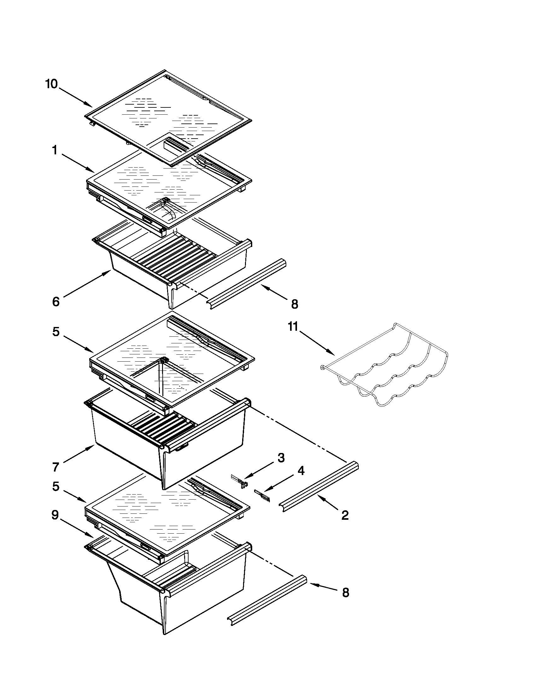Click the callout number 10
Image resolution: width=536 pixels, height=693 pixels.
51,84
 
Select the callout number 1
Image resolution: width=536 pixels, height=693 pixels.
55,150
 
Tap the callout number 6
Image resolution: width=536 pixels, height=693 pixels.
55,302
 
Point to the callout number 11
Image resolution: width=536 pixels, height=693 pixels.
293,327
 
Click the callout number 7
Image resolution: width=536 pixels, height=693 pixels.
55,467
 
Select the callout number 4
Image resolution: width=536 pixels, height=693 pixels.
301,471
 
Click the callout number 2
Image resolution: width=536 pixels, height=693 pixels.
345,515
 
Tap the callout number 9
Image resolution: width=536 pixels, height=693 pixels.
55,516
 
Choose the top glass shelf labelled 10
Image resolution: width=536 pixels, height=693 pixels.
168,117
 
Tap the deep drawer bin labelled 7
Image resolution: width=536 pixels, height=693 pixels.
127,450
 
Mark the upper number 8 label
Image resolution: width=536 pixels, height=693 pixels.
294,305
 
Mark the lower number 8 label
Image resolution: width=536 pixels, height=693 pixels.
346,593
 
